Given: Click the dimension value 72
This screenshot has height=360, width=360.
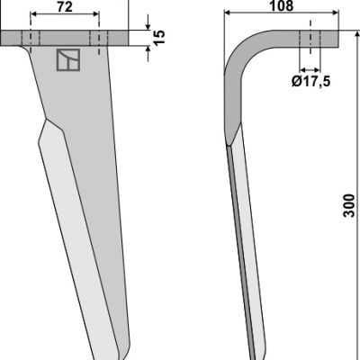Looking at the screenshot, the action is pos(65,7).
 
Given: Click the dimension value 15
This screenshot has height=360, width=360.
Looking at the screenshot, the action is pos(159,37).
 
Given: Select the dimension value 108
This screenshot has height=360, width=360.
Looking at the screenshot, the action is pos(282,5).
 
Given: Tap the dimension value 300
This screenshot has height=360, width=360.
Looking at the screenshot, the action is pos(349,205).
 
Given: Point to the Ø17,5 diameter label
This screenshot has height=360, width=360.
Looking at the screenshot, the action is pos(310,81).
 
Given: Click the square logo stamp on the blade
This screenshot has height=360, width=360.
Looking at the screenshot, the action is pos(68,60).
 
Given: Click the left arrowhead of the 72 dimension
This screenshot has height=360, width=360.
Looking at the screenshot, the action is pos(33,14).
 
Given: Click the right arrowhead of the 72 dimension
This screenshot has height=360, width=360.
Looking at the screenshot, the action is pos(95,14).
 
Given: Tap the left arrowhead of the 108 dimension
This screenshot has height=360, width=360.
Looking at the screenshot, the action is pos(228,13).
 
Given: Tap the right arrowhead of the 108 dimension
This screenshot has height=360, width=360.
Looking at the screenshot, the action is pos(336,13).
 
